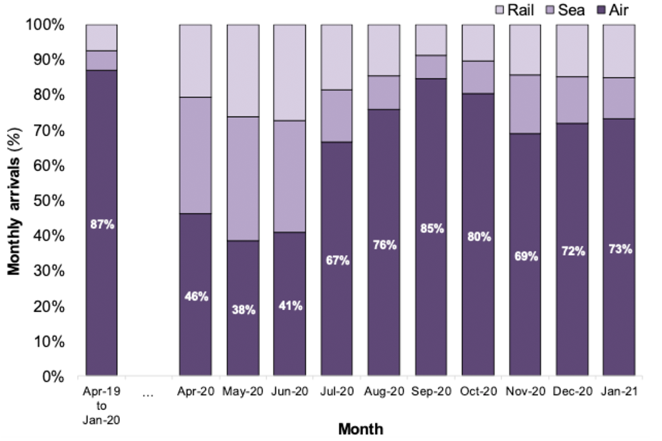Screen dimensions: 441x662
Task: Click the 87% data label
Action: click(x=101, y=225)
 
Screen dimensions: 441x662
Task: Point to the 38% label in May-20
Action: click(x=242, y=309)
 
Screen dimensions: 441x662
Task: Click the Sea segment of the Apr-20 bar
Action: click(x=195, y=155)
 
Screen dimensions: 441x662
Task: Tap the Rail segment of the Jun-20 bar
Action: click(x=289, y=72)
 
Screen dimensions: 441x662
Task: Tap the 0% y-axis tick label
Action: click(x=52, y=378)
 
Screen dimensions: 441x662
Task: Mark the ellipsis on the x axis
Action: click(x=148, y=394)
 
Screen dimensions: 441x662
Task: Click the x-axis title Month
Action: click(x=360, y=429)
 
